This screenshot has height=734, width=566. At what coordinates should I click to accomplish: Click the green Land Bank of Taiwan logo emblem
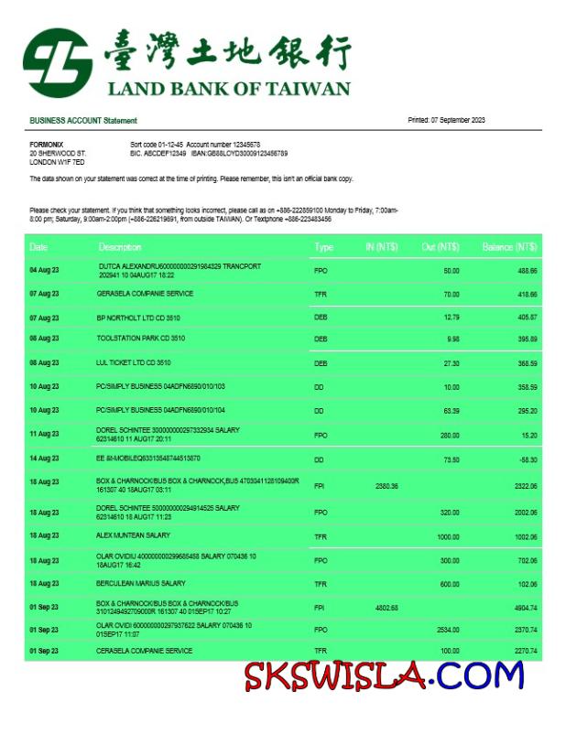(58, 62)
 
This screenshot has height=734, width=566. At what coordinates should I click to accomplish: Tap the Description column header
(120, 247)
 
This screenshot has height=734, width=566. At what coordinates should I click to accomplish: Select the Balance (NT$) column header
(509, 247)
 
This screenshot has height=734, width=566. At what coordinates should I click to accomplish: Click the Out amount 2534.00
(447, 630)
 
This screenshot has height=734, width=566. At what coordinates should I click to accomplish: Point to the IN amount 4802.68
(386, 607)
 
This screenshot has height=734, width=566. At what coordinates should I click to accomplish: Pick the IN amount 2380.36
(386, 486)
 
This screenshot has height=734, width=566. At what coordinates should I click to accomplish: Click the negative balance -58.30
(525, 459)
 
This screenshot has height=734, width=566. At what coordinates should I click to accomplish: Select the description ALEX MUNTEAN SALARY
(133, 534)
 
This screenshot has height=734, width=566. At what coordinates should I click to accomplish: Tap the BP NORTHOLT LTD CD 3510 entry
(138, 318)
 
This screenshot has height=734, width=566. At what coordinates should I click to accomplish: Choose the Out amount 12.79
(451, 318)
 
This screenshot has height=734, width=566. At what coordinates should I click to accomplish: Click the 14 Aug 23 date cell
(44, 459)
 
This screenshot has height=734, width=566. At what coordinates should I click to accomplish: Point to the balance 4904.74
(525, 607)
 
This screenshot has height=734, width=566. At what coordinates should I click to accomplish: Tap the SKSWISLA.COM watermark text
(383, 676)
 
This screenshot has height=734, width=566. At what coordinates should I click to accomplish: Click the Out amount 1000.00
(447, 536)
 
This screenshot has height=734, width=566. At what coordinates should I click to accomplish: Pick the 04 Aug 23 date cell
(44, 271)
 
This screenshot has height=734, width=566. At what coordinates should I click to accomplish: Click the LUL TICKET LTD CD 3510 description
(133, 362)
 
